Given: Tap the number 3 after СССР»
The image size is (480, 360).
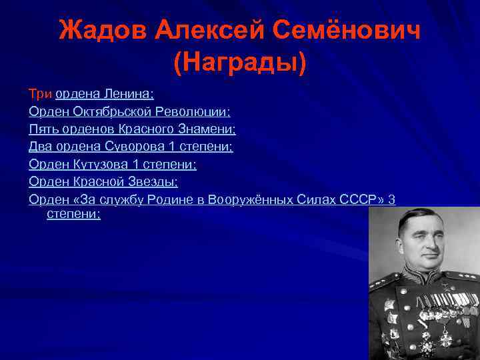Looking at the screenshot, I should (392, 199).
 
